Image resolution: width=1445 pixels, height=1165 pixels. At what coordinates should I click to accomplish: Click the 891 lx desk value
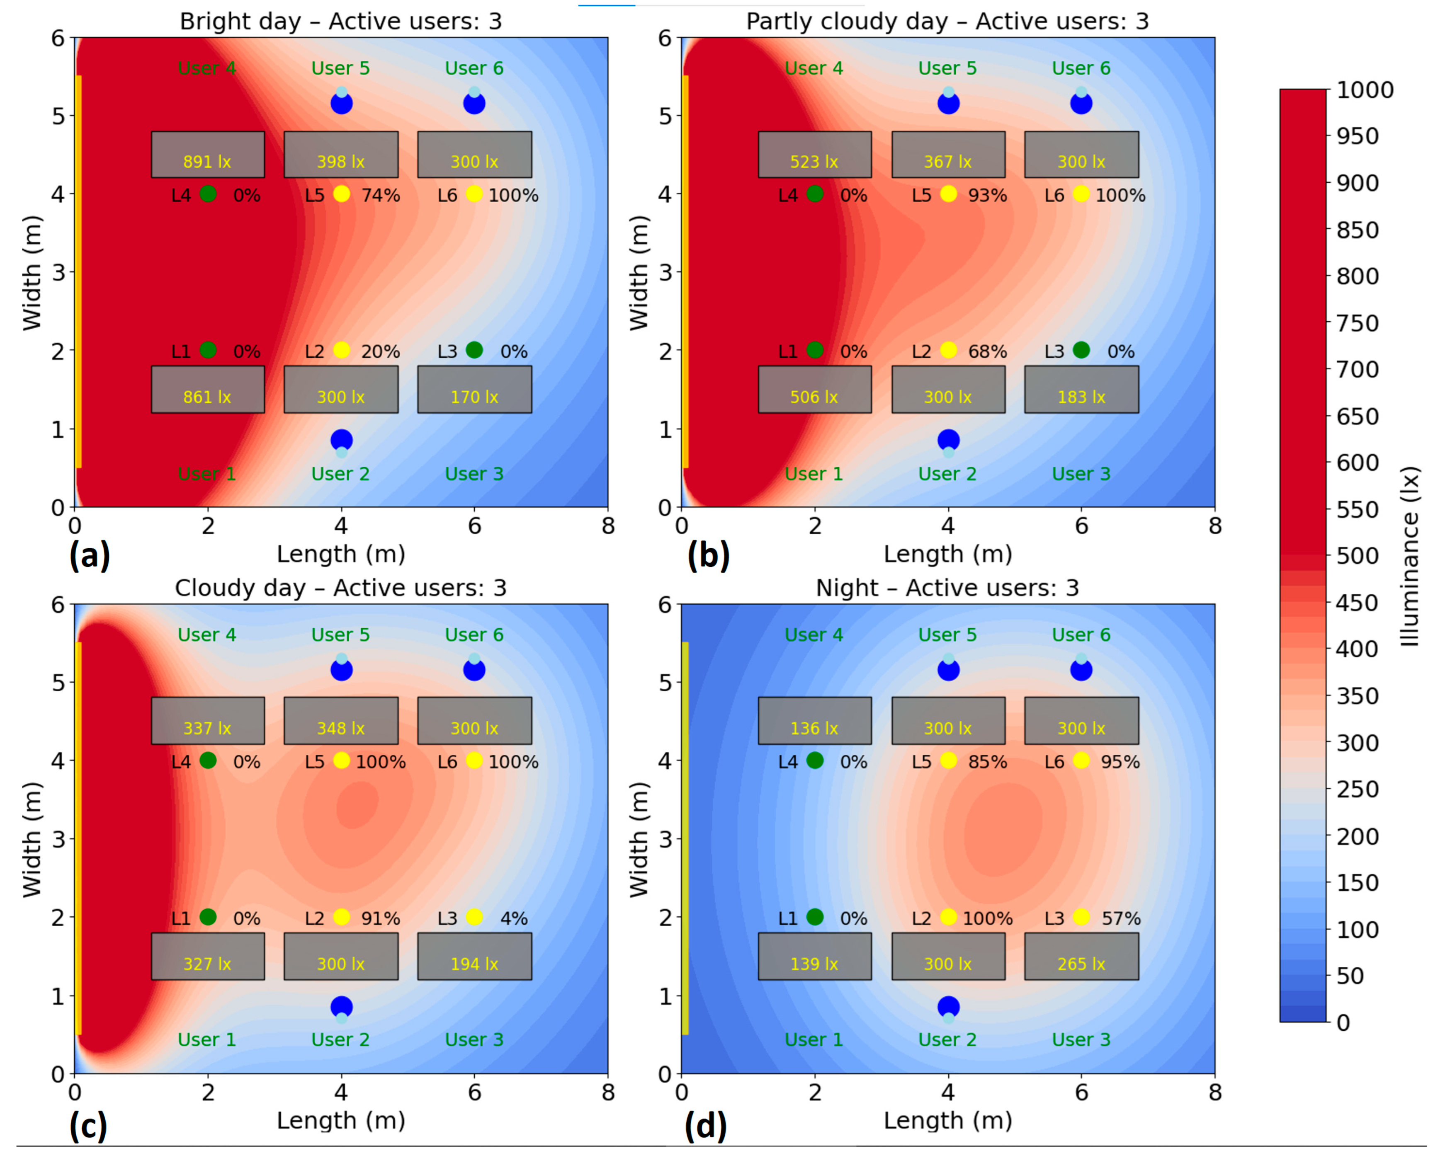tap(207, 162)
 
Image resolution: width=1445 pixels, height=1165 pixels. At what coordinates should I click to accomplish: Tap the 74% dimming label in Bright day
tap(380, 195)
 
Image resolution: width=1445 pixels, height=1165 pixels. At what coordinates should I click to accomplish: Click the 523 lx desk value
tap(814, 162)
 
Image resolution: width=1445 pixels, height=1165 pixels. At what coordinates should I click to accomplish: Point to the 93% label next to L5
tap(987, 195)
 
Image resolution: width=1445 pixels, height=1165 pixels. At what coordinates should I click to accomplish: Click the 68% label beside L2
tap(987, 351)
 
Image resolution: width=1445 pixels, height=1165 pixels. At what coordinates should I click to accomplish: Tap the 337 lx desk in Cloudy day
tap(207, 728)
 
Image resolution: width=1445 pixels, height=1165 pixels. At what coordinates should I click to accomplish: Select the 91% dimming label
tap(380, 918)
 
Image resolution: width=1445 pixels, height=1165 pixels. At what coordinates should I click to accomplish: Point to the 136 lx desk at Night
tap(814, 728)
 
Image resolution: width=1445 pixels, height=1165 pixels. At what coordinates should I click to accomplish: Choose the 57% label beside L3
tap(1121, 918)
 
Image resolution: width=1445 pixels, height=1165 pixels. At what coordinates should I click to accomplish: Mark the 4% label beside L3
tap(514, 918)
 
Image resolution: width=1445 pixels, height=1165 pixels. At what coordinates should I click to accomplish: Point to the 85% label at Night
tap(987, 762)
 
